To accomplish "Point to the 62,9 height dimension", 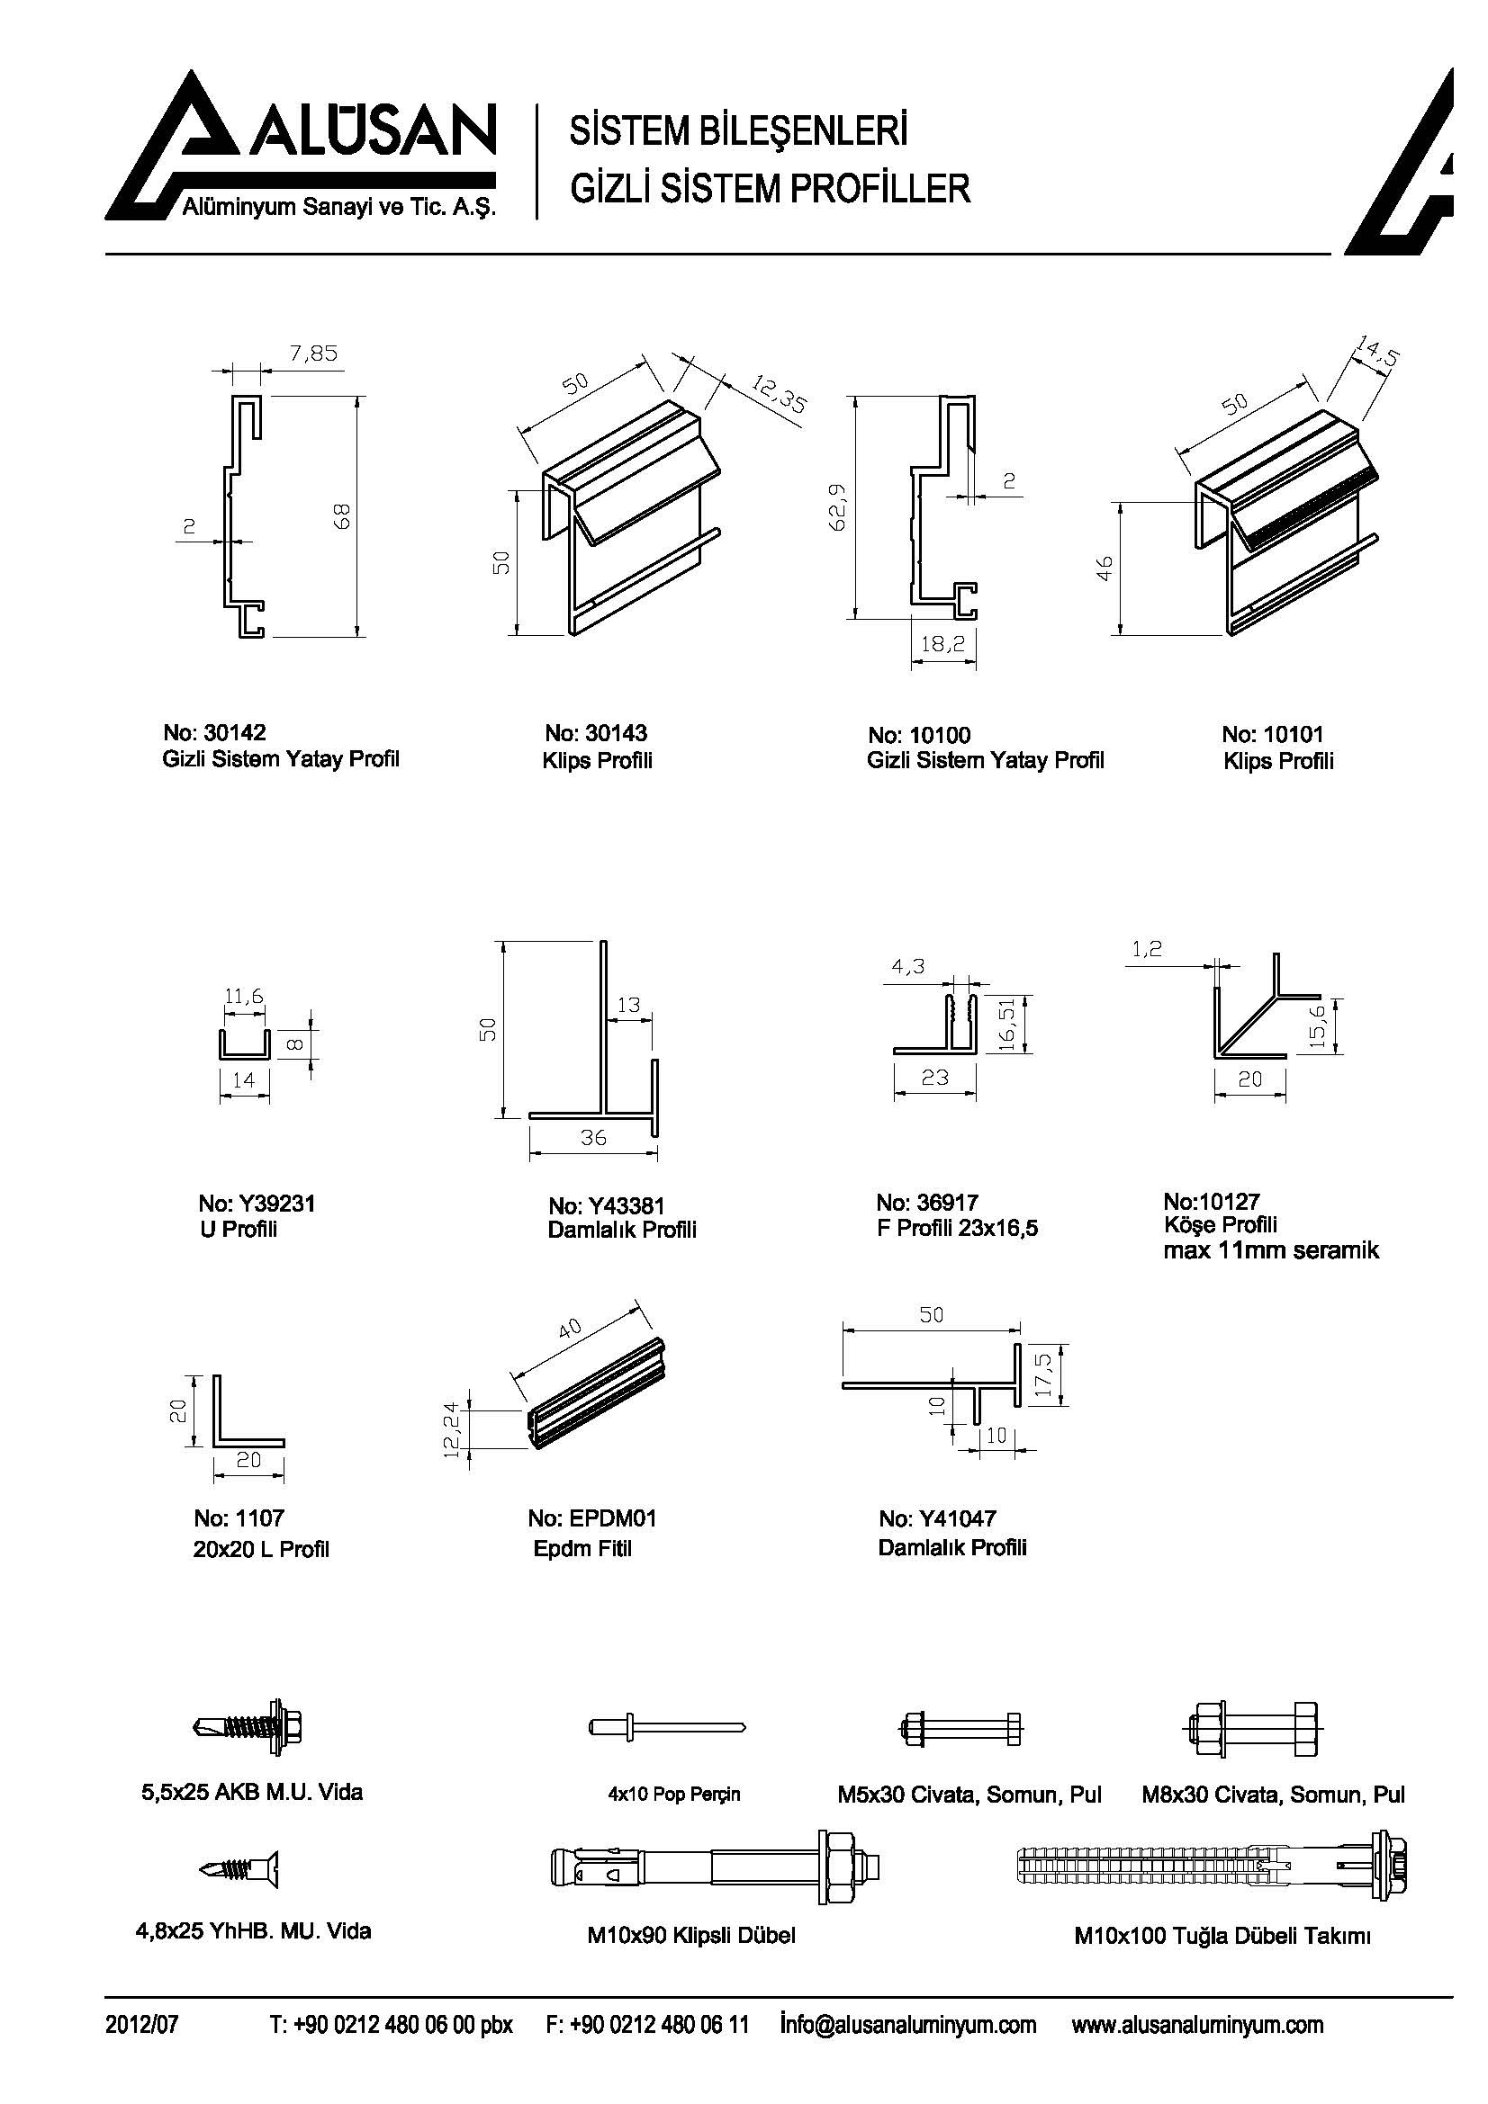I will [x=839, y=506].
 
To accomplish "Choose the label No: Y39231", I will [x=256, y=1204].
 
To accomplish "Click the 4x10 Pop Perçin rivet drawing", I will [x=666, y=1727].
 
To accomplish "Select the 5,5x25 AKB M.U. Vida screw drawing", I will [x=249, y=1728].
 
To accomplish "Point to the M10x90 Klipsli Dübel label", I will [x=690, y=1936].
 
